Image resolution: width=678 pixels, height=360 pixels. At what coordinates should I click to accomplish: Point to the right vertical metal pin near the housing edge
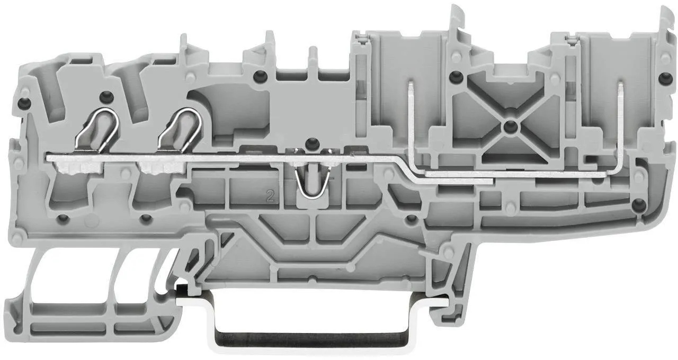click(x=619, y=122)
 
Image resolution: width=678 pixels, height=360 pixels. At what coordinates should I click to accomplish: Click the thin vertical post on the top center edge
click(x=313, y=58)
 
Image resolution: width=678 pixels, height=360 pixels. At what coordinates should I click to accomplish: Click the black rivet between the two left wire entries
click(x=106, y=96)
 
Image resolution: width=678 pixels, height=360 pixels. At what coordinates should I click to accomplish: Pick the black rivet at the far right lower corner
click(x=637, y=202)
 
